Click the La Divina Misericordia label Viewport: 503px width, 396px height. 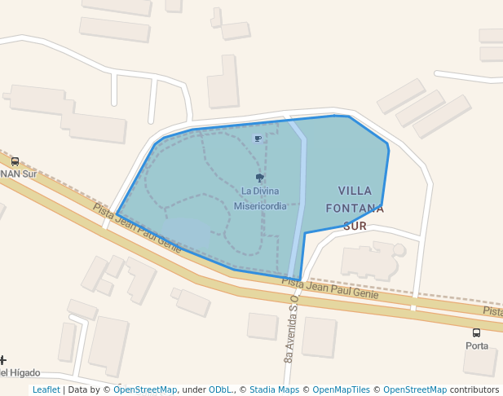click(x=260, y=198)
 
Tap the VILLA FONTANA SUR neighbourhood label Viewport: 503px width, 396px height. click(x=355, y=208)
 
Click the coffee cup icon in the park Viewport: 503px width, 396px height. click(x=258, y=139)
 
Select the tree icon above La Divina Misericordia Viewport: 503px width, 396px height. click(x=260, y=178)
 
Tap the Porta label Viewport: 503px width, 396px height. click(x=477, y=345)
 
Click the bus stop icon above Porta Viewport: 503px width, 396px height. click(x=476, y=332)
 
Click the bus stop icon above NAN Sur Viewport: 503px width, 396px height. click(x=15, y=161)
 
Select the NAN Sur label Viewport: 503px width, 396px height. click(x=18, y=174)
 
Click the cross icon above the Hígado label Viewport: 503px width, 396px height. click(x=2, y=359)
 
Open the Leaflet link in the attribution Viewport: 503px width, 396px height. click(x=46, y=389)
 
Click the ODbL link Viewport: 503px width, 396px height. click(x=220, y=389)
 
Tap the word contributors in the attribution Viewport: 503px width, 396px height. click(x=474, y=389)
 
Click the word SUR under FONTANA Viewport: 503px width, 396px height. click(x=355, y=226)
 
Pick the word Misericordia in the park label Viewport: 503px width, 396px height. click(x=260, y=206)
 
